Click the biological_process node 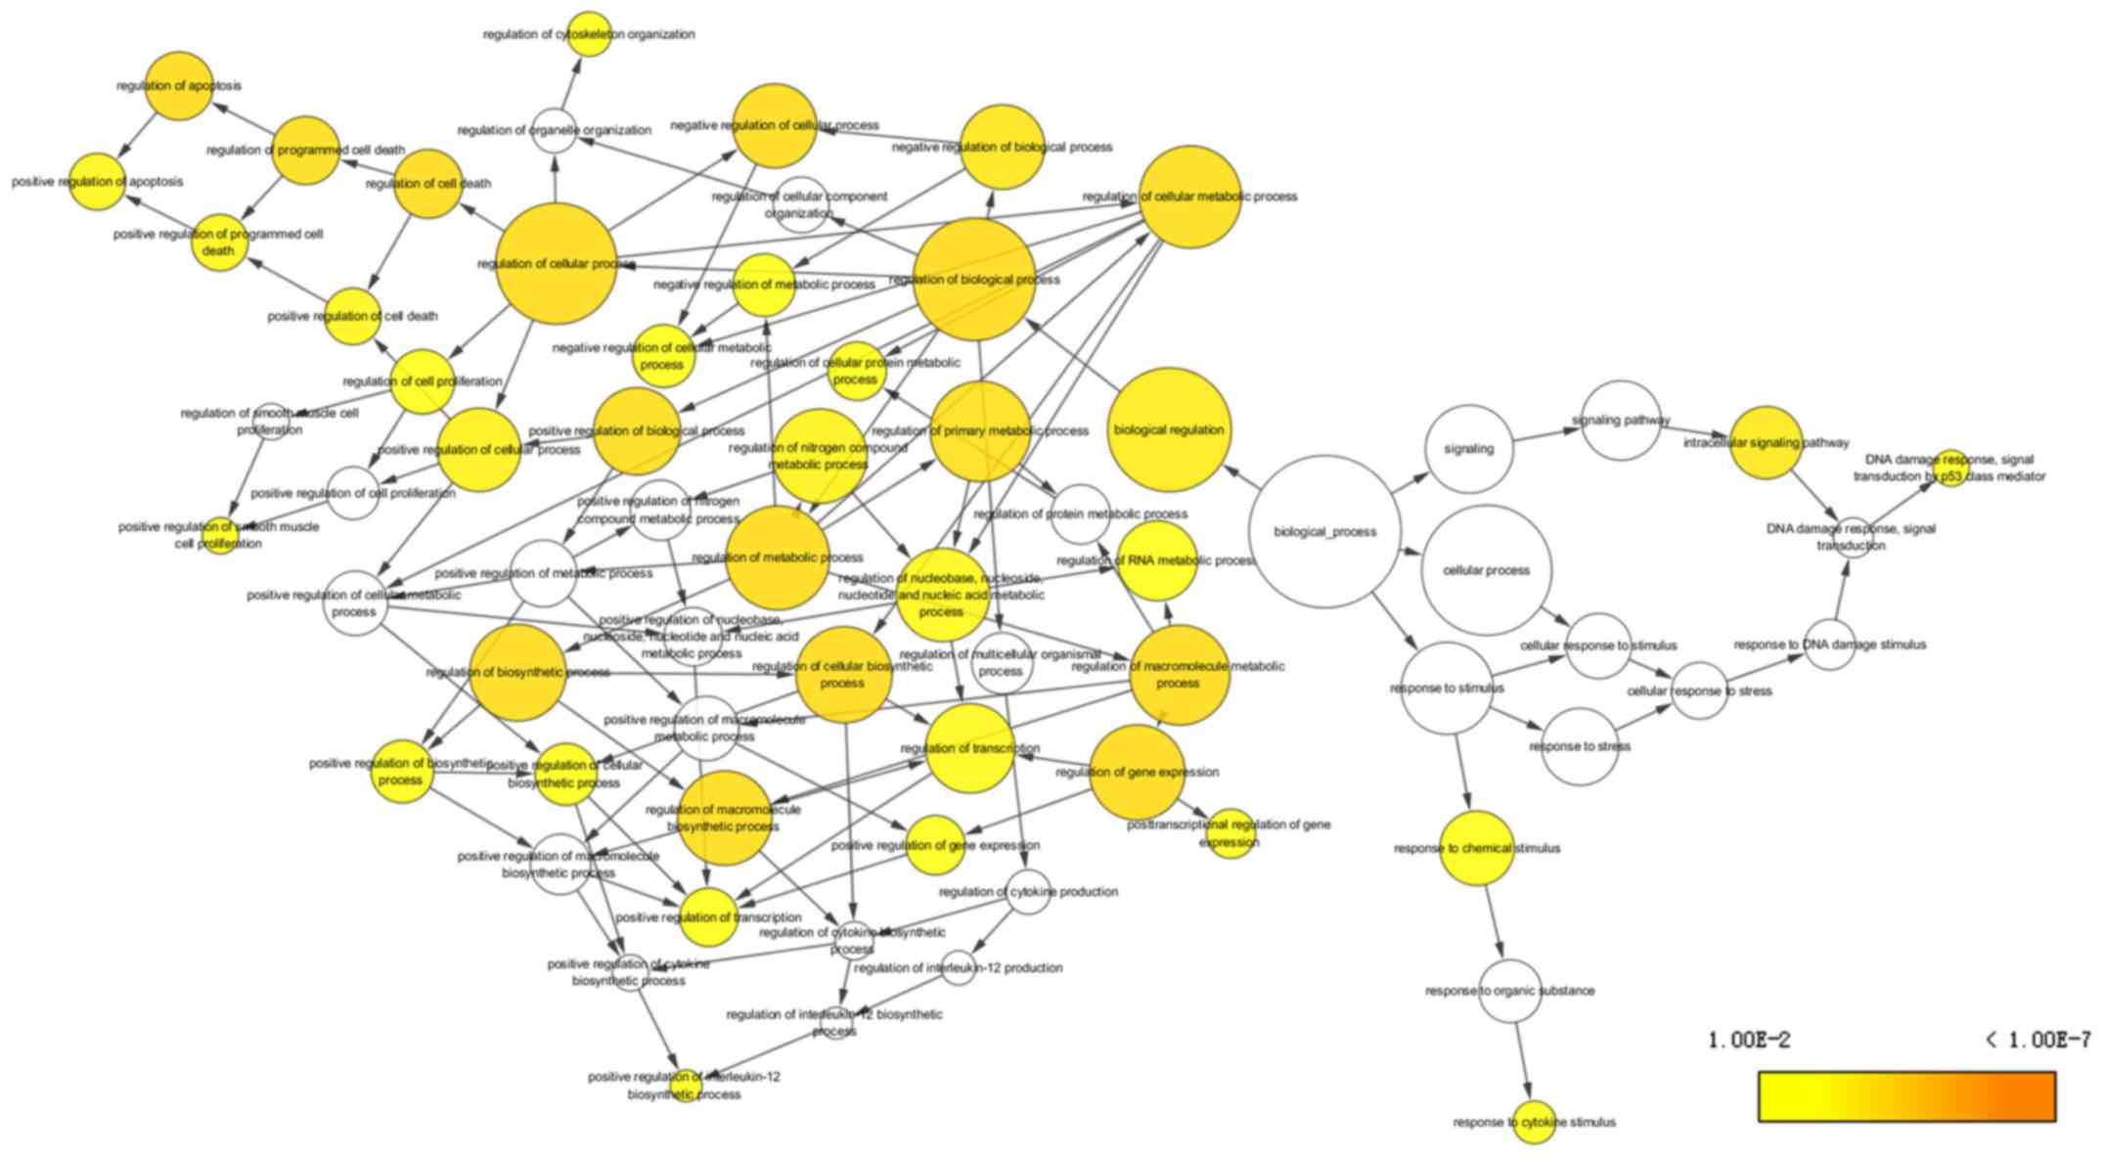click(1325, 532)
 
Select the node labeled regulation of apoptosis click(179, 86)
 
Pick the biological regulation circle click(1169, 429)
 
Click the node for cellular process click(1487, 570)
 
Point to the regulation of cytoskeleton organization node click(589, 34)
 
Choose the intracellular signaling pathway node click(1766, 443)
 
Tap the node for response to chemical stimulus click(1477, 848)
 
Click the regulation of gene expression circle click(1137, 772)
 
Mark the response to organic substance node click(1510, 991)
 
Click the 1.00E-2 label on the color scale click(1749, 1040)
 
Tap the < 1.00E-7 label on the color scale click(2037, 1040)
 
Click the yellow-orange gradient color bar click(1906, 1096)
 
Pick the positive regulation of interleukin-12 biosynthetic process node click(685, 1086)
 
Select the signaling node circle click(1469, 449)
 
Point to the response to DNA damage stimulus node click(1829, 645)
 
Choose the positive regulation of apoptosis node click(98, 182)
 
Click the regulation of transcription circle click(969, 748)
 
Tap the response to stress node click(1580, 746)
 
